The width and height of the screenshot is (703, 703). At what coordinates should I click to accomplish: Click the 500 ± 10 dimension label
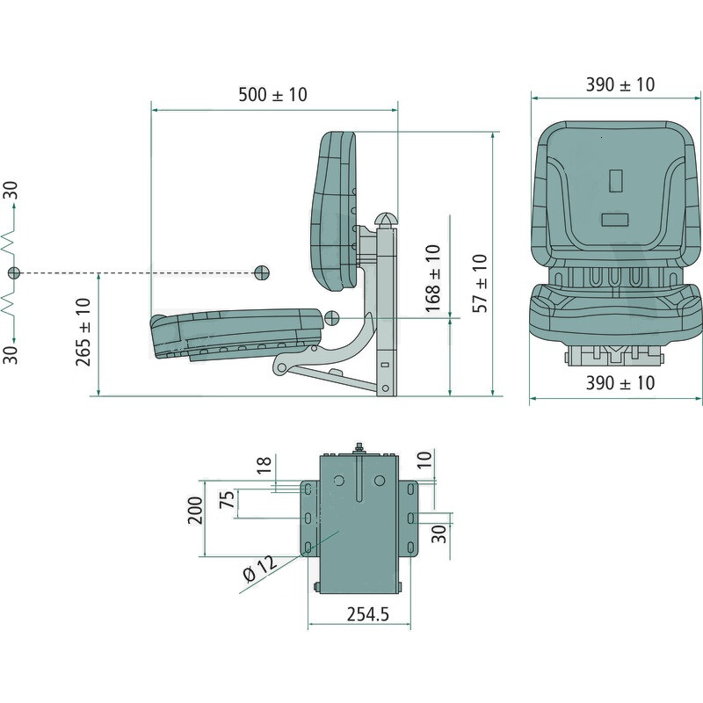(x=272, y=95)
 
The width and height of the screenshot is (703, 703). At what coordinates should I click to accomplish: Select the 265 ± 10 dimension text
(x=83, y=332)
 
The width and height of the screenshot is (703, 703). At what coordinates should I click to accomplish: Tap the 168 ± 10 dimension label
(x=432, y=279)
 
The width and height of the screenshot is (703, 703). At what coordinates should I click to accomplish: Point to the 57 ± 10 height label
(x=479, y=283)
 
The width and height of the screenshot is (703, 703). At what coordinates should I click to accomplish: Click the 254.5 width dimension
(x=367, y=614)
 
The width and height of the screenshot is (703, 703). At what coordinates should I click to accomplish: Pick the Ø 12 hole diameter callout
(x=260, y=569)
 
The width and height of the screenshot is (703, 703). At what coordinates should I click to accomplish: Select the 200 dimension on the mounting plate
(x=195, y=511)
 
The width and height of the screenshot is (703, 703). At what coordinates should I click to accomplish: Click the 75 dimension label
(x=227, y=499)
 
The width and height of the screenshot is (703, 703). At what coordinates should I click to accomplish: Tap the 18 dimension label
(x=265, y=465)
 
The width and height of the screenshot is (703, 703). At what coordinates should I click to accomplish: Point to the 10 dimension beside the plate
(x=424, y=460)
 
